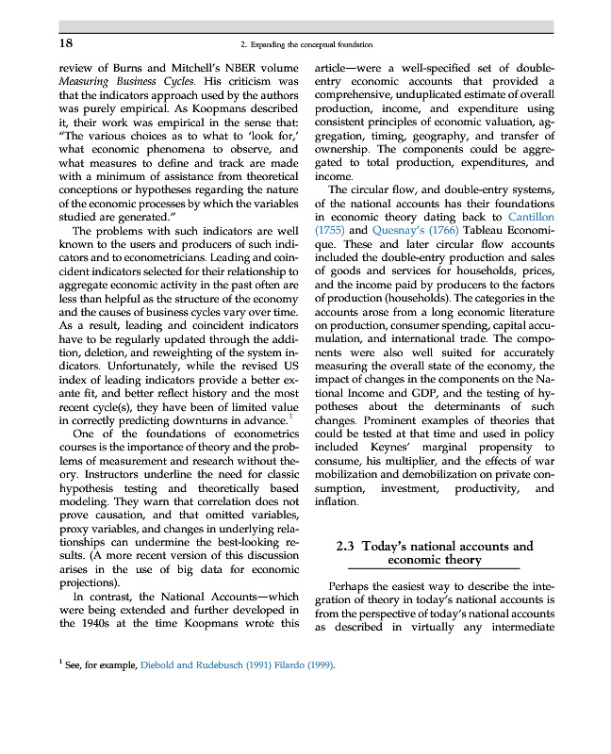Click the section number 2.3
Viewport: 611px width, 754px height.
pos(351,546)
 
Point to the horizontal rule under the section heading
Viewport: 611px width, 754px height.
pos(435,571)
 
